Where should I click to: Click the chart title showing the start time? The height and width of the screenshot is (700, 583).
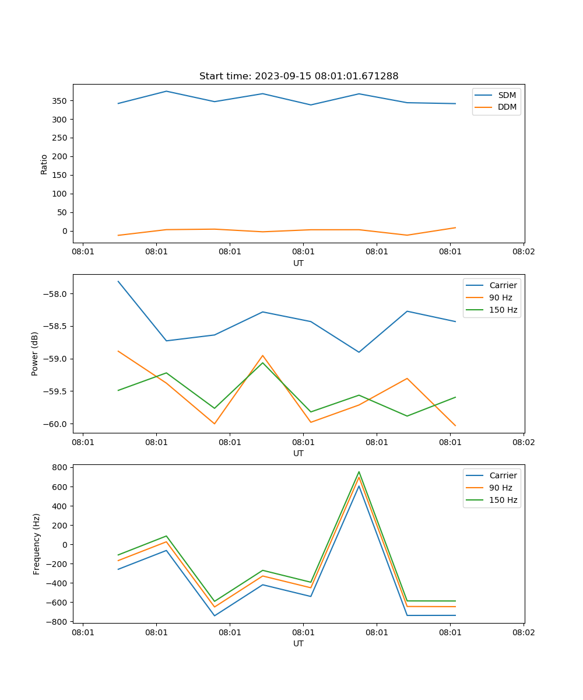click(x=298, y=76)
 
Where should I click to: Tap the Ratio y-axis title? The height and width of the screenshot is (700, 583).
click(x=44, y=164)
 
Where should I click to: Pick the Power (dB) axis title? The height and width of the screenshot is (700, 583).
click(x=35, y=353)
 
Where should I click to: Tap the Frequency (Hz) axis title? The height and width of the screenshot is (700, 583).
click(x=37, y=544)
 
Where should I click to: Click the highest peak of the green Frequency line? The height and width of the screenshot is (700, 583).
click(x=359, y=472)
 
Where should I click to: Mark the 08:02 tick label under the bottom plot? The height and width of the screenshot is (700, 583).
click(x=523, y=632)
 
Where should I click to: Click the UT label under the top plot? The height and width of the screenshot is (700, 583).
click(x=298, y=263)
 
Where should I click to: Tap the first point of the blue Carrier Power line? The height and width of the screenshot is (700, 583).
click(x=118, y=281)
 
